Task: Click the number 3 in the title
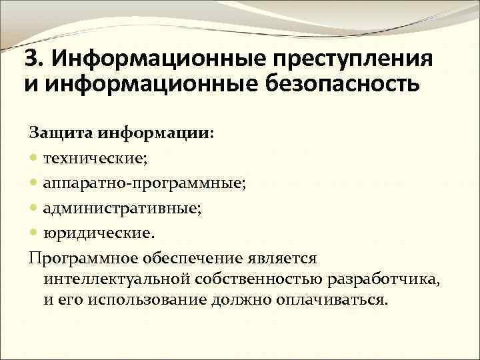(x=29, y=60)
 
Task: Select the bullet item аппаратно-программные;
(x=143, y=184)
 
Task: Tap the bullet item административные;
(x=123, y=209)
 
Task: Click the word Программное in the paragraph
(x=83, y=258)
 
